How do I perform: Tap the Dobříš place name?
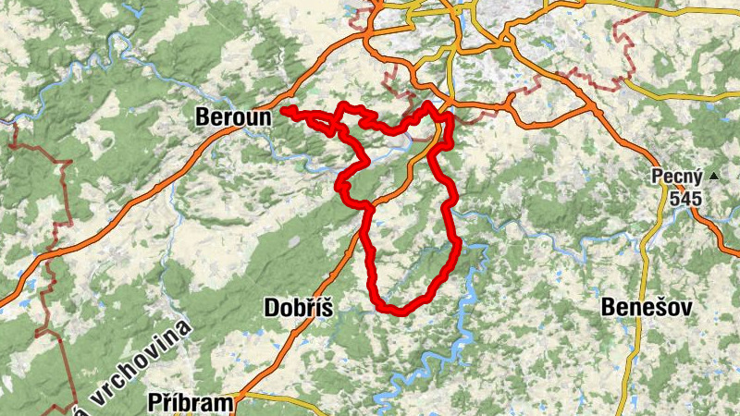tap(298, 307)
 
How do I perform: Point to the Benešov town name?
tap(646, 307)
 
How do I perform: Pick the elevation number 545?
tap(686, 198)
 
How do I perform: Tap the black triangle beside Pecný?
tap(713, 175)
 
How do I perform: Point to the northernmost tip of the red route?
tap(427, 105)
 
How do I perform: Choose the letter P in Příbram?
tap(154, 402)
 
